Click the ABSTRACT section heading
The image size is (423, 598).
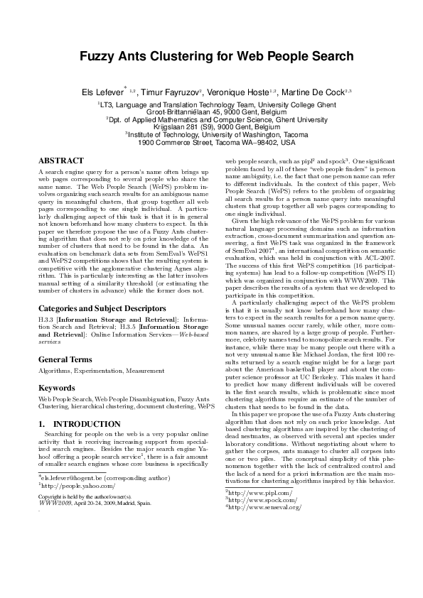tap(61, 161)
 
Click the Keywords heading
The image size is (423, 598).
tap(57, 389)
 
